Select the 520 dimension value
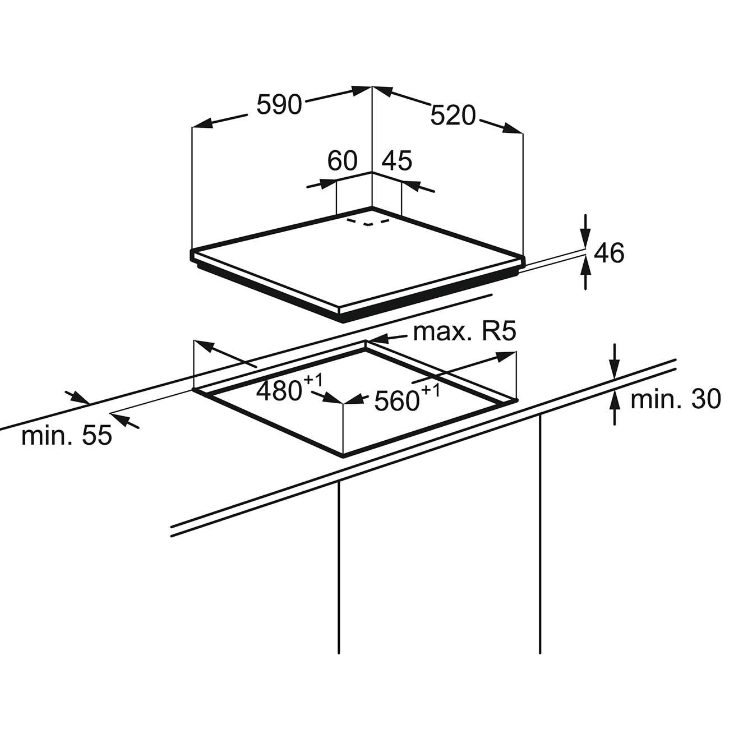click(453, 116)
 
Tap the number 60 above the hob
click(342, 160)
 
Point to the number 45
click(396, 160)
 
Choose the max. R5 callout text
click(464, 331)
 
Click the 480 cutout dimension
click(279, 391)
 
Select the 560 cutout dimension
click(397, 401)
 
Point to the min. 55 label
click(67, 435)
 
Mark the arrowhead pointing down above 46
click(585, 239)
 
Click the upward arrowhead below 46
click(585, 267)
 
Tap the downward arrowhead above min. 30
click(615, 369)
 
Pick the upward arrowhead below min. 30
click(615, 402)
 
